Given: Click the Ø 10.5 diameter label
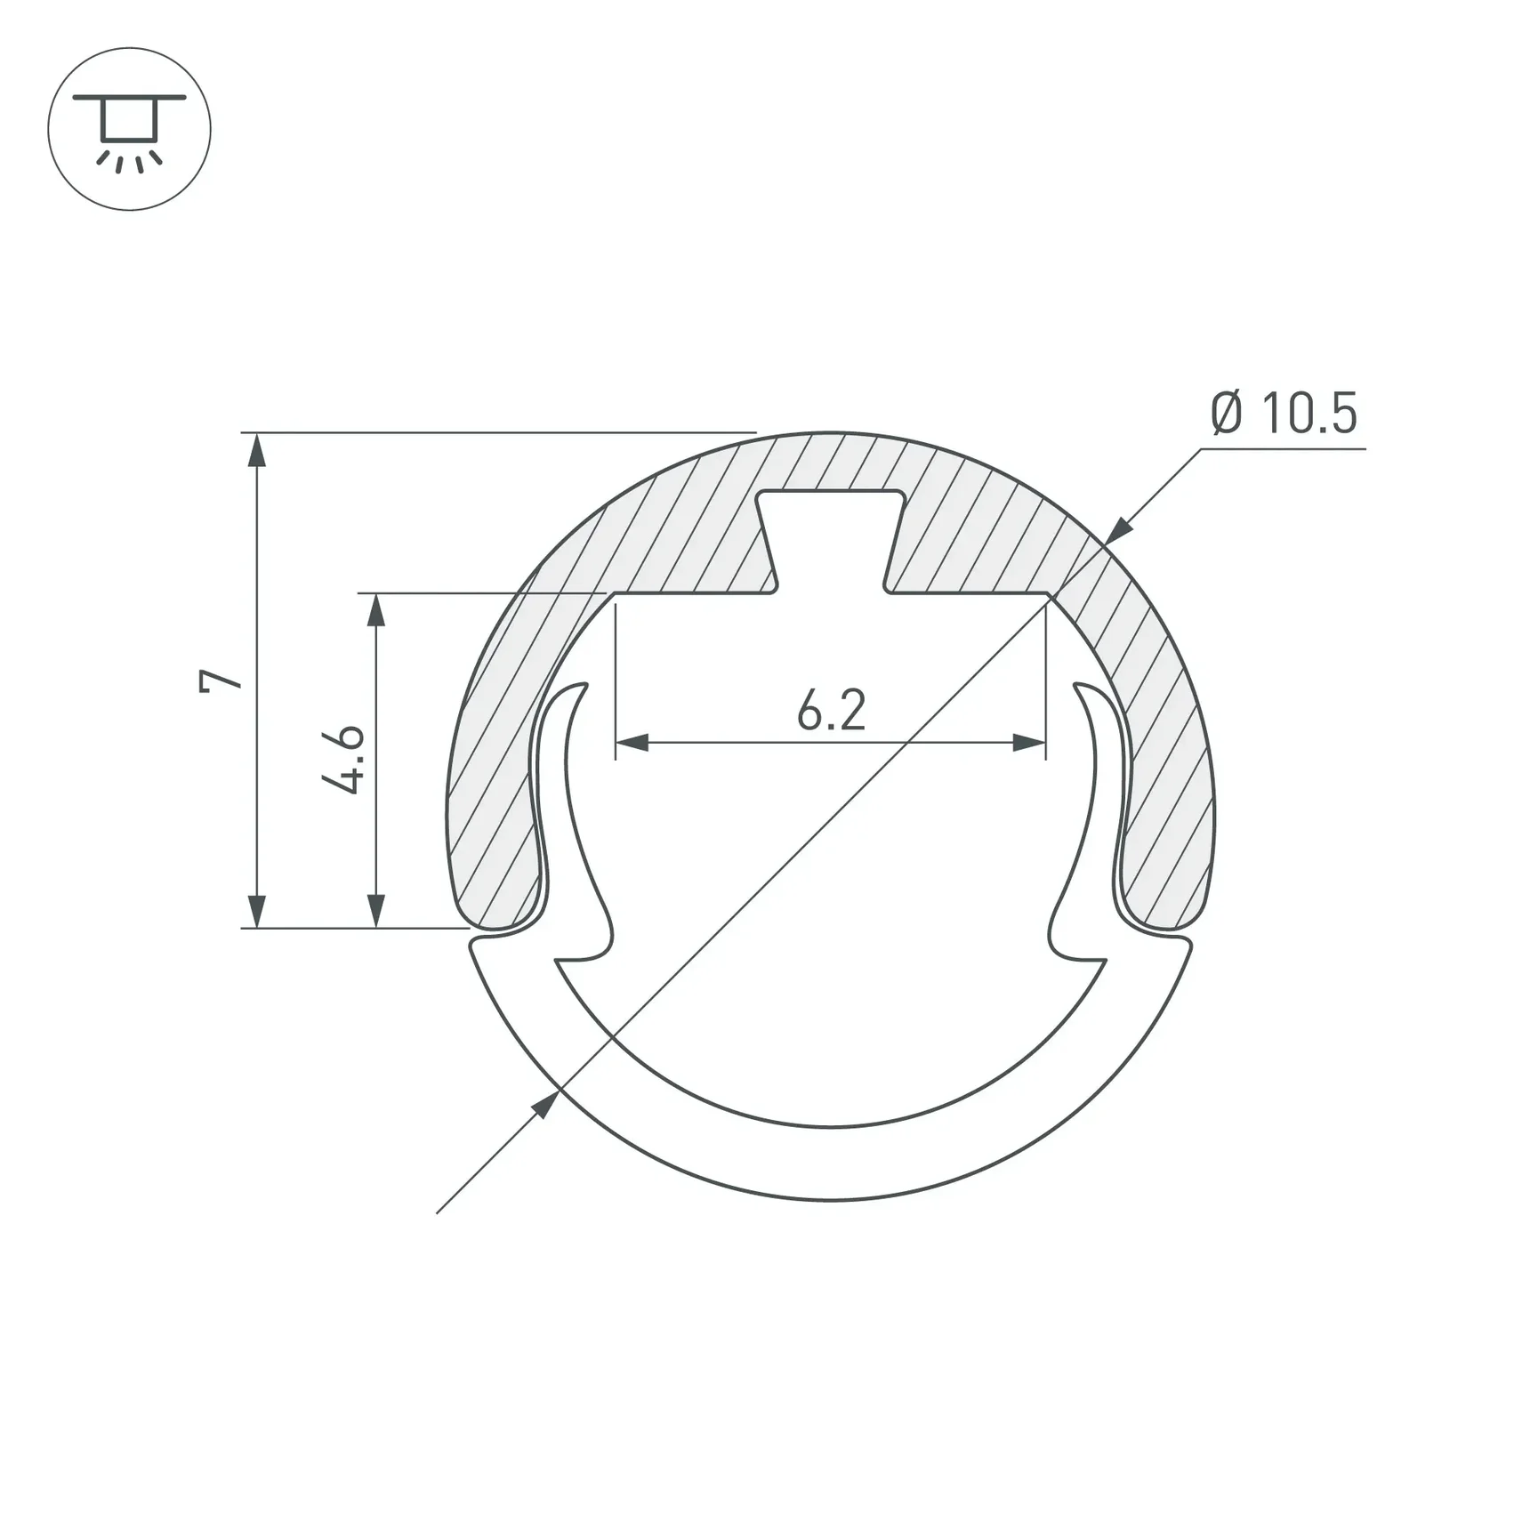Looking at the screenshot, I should point(1284,414).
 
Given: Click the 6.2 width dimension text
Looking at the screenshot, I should point(831,712).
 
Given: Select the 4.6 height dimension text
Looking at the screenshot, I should point(343,759).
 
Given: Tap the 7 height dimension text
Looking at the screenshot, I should point(220,680).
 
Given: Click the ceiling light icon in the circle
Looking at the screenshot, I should point(129,129).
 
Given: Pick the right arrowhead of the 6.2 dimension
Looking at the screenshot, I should point(1029,742).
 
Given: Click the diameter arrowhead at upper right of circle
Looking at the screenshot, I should point(1118,531).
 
